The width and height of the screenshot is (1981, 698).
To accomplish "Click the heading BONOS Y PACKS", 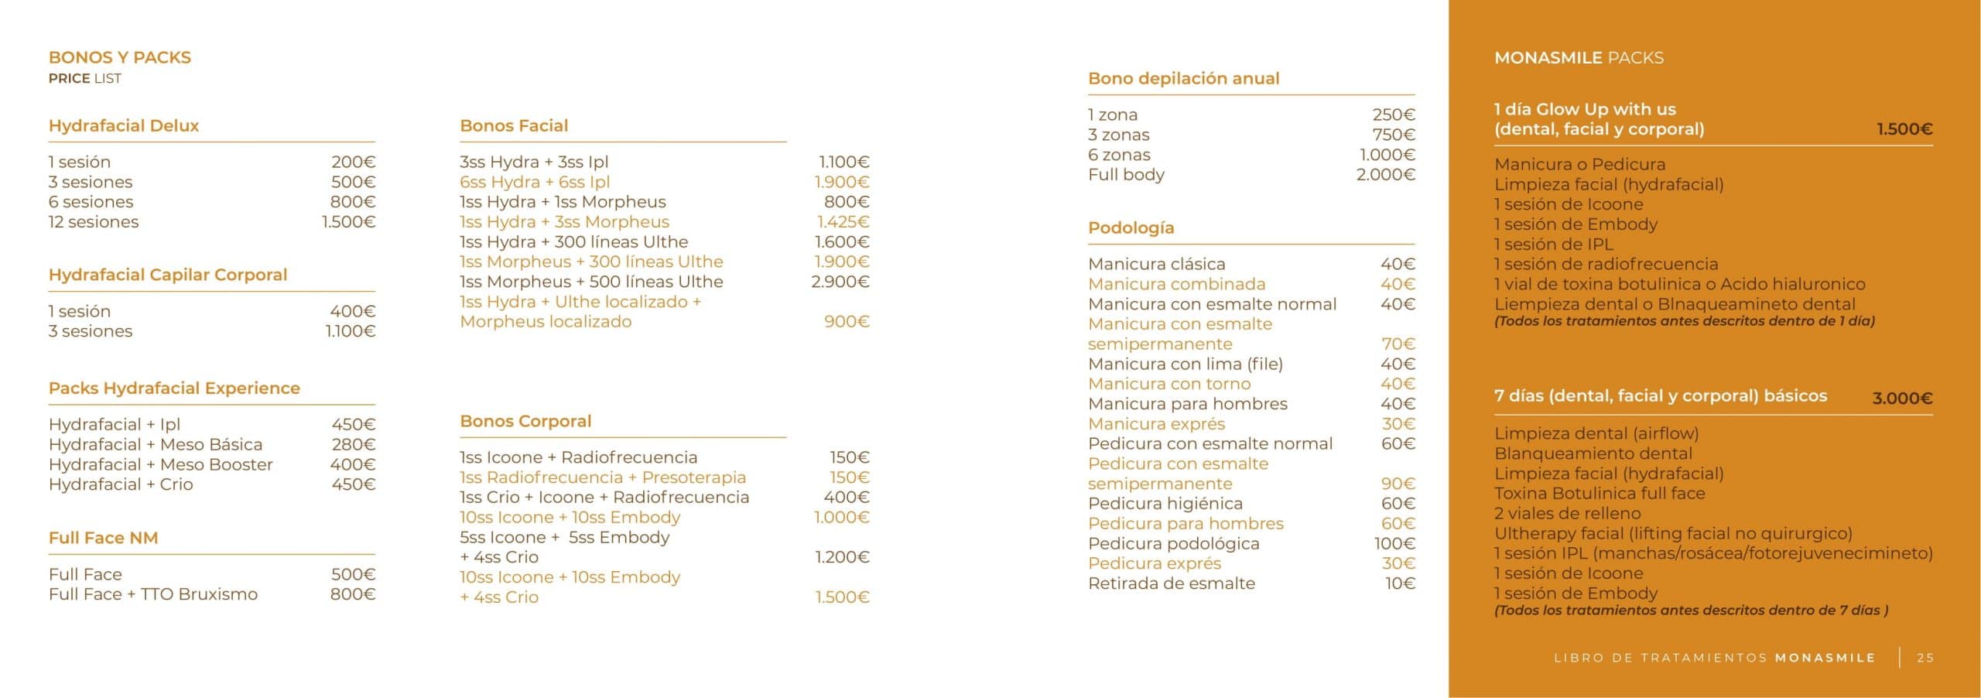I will point(119,57).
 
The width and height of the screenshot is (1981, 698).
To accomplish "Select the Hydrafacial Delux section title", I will point(124,125).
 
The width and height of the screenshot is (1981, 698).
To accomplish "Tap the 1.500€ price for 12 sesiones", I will point(348,222).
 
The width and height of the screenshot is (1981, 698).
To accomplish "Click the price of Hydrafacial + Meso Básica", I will point(353,444).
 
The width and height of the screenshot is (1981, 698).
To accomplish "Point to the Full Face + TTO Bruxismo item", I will point(153,594).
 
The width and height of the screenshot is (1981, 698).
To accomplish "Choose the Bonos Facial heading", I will point(514,125).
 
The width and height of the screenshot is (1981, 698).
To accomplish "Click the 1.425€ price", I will point(843,222).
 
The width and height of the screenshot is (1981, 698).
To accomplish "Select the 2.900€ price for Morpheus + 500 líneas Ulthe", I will point(840,282).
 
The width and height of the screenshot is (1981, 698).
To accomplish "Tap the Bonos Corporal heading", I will point(525,421).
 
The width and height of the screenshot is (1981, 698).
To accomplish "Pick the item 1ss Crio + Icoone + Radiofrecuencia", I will point(604,497).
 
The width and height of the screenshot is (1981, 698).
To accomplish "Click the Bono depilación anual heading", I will point(1183,78).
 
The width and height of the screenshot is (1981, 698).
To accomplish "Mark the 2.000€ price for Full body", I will point(1385,175).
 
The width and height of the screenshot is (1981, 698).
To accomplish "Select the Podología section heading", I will point(1131,228).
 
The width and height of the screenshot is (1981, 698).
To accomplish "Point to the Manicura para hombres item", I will point(1187,404).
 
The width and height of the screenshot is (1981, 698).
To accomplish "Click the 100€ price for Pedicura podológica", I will point(1394,544).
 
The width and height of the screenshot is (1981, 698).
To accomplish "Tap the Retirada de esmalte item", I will point(1172,583).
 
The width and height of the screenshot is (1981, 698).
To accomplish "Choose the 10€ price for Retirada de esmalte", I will point(1400,583).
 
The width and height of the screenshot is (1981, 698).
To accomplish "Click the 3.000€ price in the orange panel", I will point(1902,399).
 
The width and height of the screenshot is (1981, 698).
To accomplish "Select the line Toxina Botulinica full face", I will point(1600,494).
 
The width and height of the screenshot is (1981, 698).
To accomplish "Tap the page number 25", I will point(1925,658).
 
